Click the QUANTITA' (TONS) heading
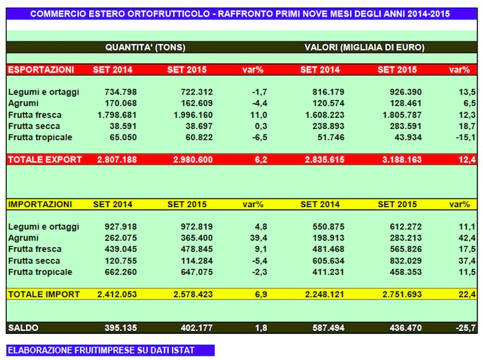pyautogui.click(x=145, y=48)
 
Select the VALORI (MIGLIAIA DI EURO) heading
pyautogui.click(x=364, y=48)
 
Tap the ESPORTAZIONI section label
pyautogui.click(x=41, y=70)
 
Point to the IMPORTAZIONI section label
pyautogui.click(x=40, y=204)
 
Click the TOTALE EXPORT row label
pyautogui.click(x=46, y=160)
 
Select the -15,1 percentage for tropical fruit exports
pyautogui.click(x=465, y=137)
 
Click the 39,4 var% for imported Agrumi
pyautogui.click(x=259, y=238)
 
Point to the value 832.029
pyautogui.click(x=402, y=261)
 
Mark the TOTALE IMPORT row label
pyautogui.click(x=45, y=294)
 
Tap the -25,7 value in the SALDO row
pyautogui.click(x=465, y=326)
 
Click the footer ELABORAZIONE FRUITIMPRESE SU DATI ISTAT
pyautogui.click(x=101, y=350)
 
